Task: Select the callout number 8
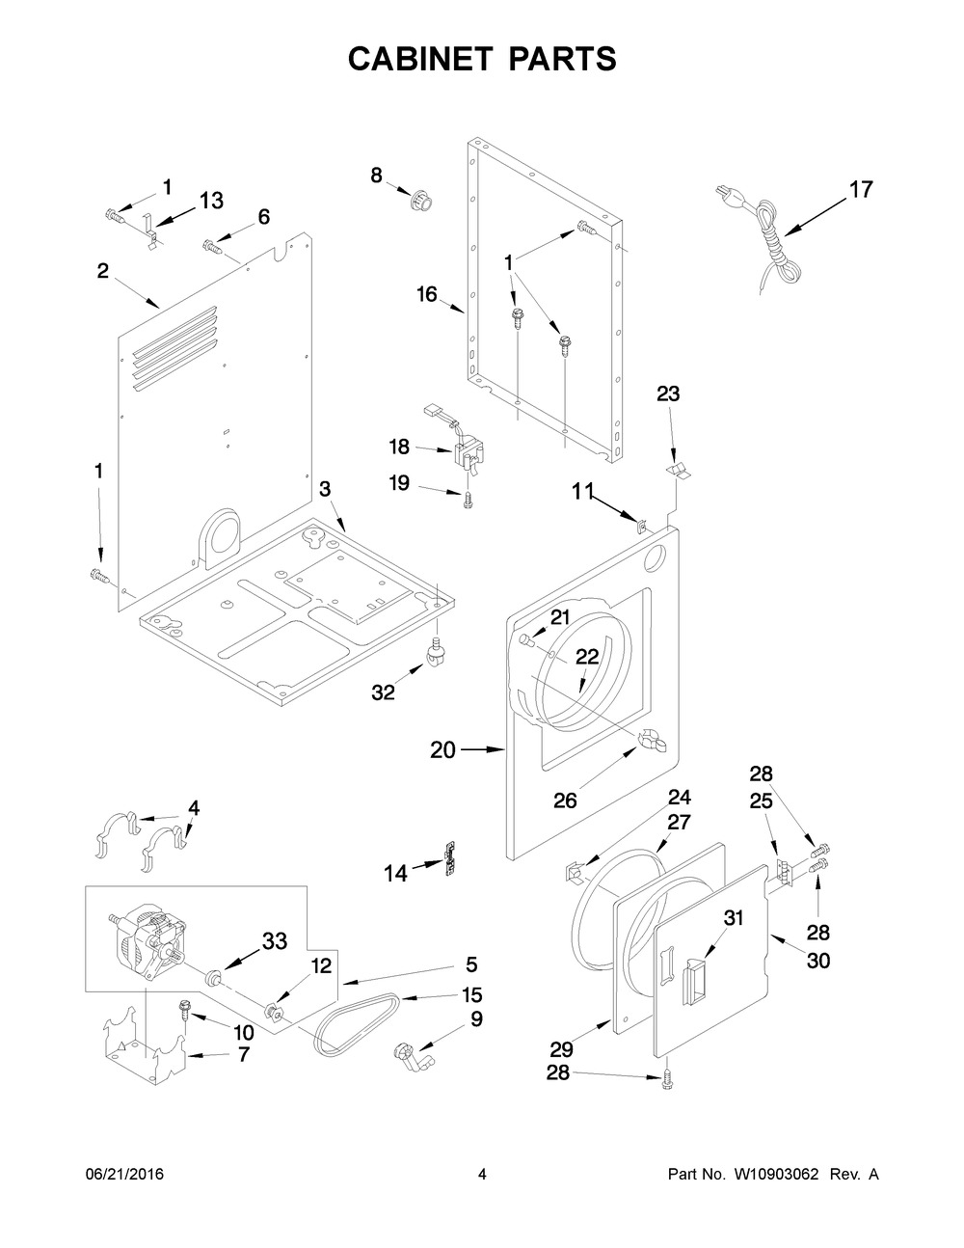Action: pyautogui.click(x=376, y=175)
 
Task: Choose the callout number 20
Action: pyautogui.click(x=442, y=749)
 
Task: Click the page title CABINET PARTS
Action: pyautogui.click(x=481, y=60)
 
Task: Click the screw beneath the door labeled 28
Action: pyautogui.click(x=665, y=1085)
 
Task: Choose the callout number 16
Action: pyautogui.click(x=427, y=294)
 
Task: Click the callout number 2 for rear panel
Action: pyautogui.click(x=102, y=271)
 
